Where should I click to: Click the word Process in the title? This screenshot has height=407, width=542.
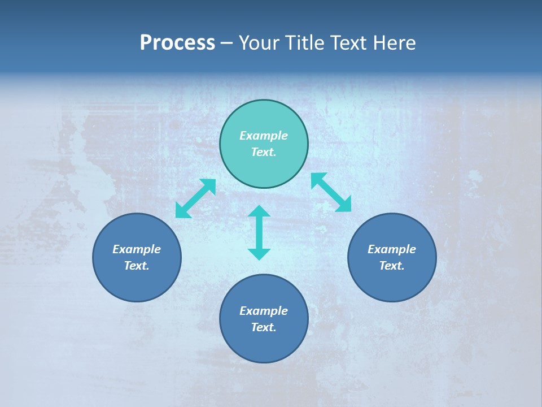(177, 43)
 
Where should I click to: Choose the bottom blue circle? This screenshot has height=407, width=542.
(264, 345)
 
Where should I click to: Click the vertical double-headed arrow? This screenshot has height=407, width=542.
(259, 232)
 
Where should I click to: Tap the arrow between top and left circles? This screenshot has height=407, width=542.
(195, 198)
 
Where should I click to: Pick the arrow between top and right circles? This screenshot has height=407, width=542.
(331, 192)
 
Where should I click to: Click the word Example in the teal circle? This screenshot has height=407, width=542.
(264, 136)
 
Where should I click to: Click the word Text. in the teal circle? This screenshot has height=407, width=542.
(264, 152)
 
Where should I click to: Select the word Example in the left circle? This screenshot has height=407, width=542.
(137, 249)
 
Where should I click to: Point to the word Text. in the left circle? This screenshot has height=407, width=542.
(137, 266)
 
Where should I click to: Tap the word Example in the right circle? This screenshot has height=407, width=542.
(392, 249)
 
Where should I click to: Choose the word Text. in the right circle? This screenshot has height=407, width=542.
(392, 266)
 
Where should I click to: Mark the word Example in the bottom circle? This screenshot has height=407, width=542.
(264, 311)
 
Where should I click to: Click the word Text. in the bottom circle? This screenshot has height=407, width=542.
(264, 327)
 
